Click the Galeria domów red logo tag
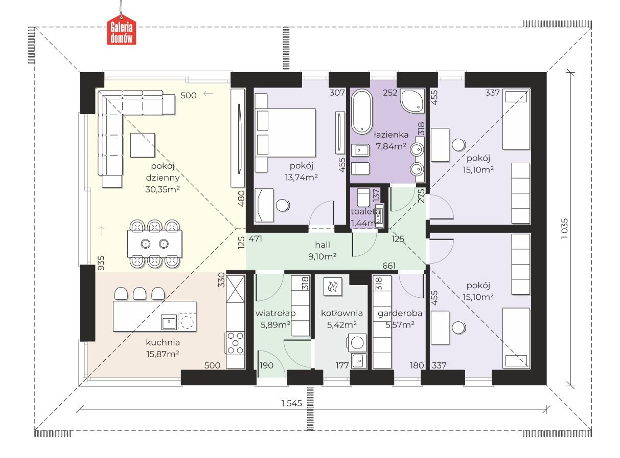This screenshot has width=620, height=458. coord(121,32)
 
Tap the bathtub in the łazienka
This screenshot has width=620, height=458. coord(362,112)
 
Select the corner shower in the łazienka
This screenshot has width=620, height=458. coord(412,101)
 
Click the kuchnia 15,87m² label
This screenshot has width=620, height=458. coord(163,348)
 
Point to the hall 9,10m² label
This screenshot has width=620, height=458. coord(323,251)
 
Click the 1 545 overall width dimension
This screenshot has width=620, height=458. coord(291,403)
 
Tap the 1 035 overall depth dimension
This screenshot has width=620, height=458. coord(564,228)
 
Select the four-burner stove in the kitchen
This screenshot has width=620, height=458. coord(235,343)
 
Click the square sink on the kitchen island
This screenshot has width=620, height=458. coord(169,322)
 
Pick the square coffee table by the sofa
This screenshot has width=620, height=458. coord(143,145)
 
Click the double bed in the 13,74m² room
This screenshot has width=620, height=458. coord(285,133)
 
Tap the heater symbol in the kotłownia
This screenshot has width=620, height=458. coord(333,287)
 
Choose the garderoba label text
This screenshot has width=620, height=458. coord(400,313)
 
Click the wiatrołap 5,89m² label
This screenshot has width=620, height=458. coord(275,319)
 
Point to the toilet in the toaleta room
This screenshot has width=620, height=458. coord(364,198)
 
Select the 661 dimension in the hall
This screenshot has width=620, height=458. coord(389,266)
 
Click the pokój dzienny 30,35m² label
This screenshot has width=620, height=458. coord(163,178)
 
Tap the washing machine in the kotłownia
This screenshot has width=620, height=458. coord(357,343)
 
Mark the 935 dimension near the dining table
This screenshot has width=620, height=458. coord(101,263)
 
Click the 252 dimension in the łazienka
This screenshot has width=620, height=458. coord(390,93)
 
